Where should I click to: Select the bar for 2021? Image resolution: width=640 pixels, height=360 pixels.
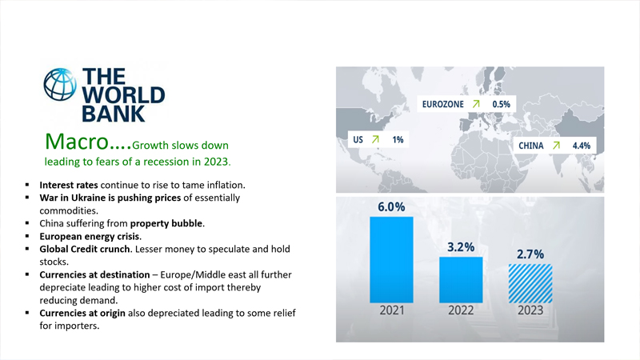coord(391,257)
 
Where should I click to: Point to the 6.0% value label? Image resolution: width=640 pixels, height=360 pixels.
coord(391,206)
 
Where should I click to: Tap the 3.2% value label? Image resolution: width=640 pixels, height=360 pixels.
coord(461,247)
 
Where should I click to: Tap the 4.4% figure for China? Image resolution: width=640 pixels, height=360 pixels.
coord(581,146)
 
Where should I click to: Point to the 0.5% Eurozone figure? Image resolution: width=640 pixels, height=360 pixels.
coord(501,104)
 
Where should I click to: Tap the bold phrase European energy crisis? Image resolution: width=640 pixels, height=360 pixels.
coord(90,237)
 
